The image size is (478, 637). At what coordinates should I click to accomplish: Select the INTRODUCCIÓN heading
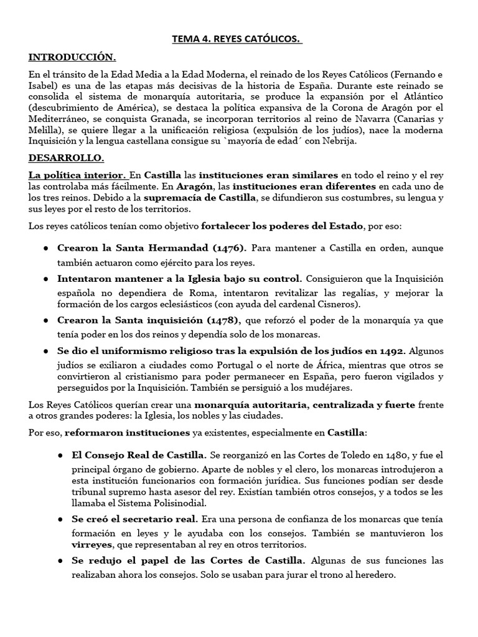[x=72, y=57]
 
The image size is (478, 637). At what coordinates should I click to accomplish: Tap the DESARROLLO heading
[x=66, y=159]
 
